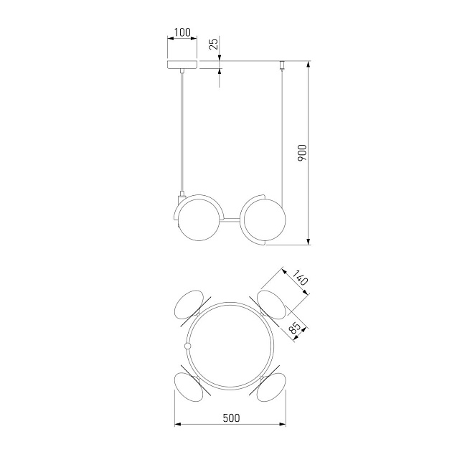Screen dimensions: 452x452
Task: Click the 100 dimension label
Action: (x=182, y=32)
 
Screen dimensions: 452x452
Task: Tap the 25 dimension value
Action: (x=214, y=44)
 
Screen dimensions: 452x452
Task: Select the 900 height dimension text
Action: (x=302, y=153)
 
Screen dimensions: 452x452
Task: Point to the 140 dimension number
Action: (x=301, y=278)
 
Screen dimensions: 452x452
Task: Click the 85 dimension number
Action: (x=295, y=328)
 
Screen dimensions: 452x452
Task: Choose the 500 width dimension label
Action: (x=231, y=418)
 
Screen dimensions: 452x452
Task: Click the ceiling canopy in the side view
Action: (x=182, y=65)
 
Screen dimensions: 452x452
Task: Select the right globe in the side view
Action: (x=265, y=220)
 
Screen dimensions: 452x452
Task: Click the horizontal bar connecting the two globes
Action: (x=230, y=220)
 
